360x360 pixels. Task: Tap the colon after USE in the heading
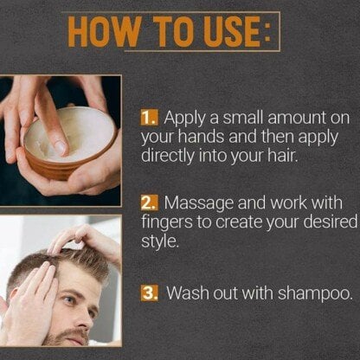tap(268, 33)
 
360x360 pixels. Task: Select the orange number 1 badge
tap(150, 118)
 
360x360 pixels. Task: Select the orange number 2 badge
tap(150, 202)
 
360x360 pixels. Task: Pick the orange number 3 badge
tap(150, 292)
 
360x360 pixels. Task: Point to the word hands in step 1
tap(201, 137)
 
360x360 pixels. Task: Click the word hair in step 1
tap(283, 156)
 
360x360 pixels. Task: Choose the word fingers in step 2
tap(167, 222)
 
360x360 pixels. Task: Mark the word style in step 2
tap(158, 241)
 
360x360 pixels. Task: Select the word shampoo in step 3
tap(315, 294)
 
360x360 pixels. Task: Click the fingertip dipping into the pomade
tap(61, 146)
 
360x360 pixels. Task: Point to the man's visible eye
tap(70, 300)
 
